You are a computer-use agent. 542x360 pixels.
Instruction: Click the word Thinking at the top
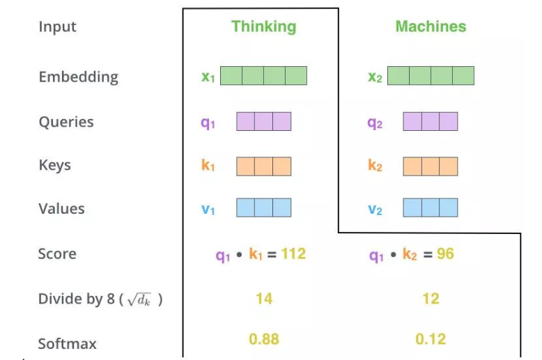(263, 27)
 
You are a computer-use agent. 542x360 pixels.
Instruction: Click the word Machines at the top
(431, 27)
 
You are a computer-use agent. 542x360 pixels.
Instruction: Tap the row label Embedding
(78, 77)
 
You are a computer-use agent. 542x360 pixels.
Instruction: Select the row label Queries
(66, 122)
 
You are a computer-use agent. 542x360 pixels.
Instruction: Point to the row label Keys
(54, 165)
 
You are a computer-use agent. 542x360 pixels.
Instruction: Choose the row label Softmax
(67, 343)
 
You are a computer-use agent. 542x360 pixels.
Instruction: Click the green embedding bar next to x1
(263, 76)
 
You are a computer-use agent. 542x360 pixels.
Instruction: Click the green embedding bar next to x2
(431, 76)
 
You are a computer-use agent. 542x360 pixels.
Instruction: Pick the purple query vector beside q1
(263, 122)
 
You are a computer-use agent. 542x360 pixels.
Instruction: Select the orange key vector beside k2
(431, 166)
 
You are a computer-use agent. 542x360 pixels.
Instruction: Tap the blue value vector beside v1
(263, 208)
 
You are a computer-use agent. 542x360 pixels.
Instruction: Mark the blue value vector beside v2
(431, 208)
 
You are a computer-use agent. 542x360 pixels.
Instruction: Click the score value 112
(293, 254)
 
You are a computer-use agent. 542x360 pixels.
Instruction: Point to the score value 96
(445, 254)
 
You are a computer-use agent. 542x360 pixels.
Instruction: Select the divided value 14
(264, 299)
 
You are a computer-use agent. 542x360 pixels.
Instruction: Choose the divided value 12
(431, 299)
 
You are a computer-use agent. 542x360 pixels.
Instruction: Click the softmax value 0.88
(264, 339)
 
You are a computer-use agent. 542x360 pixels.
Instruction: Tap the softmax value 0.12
(431, 339)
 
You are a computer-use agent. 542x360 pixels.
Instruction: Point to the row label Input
(57, 27)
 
